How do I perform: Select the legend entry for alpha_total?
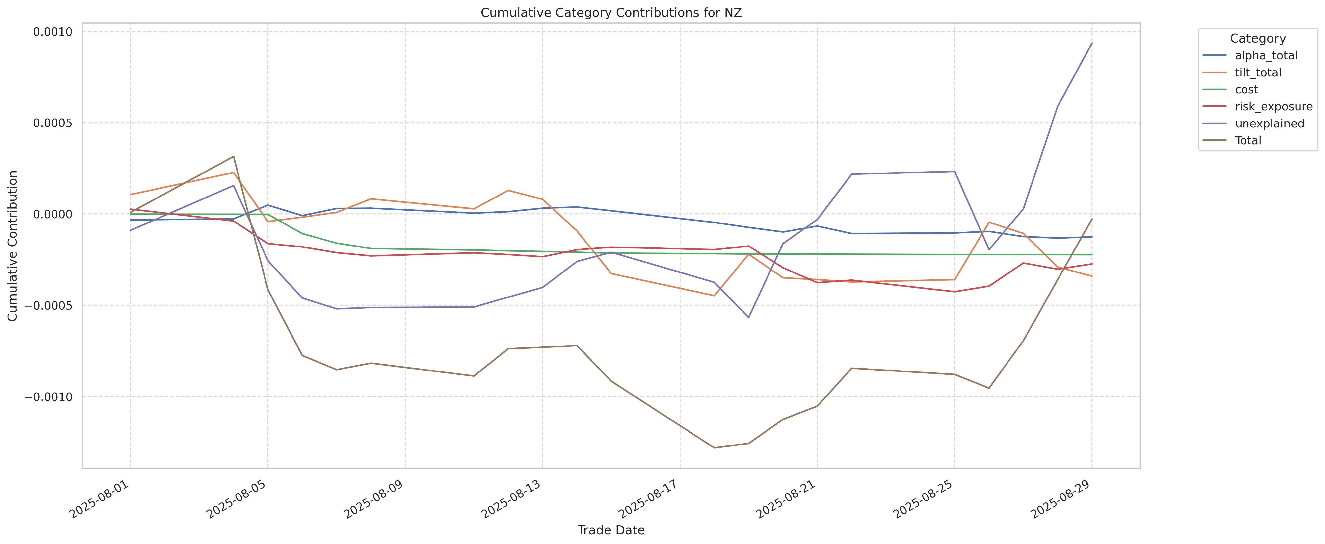point(1266,55)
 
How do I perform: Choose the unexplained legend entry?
point(1270,124)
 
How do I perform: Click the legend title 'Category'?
point(1258,39)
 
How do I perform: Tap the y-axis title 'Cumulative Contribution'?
point(13,246)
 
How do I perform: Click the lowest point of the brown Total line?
point(714,448)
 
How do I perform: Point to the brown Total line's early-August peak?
point(234,156)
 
